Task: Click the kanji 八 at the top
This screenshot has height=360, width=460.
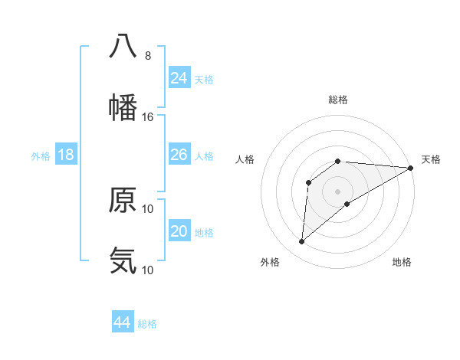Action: click(x=123, y=46)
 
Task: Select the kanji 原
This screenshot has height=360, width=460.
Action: click(x=123, y=200)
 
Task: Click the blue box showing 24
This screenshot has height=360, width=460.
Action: click(x=179, y=78)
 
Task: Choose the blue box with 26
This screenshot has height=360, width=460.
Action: click(x=179, y=155)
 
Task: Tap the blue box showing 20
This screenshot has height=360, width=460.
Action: click(x=179, y=231)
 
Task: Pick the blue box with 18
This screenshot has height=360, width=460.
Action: click(x=66, y=155)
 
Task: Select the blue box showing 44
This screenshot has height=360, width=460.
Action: click(x=123, y=322)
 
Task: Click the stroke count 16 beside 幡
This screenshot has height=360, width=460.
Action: click(x=148, y=117)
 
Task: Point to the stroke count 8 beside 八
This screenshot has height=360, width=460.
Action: click(x=148, y=56)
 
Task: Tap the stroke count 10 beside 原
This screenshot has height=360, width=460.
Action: click(x=148, y=208)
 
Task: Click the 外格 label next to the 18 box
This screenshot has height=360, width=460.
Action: click(x=41, y=155)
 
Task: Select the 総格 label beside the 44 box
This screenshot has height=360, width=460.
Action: click(x=147, y=323)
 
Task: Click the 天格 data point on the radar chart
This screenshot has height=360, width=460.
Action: click(x=410, y=168)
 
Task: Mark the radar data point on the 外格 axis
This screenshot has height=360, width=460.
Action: click(x=302, y=242)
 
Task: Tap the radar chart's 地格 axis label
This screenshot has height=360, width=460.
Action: click(x=402, y=262)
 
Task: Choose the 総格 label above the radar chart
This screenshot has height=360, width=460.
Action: click(x=338, y=100)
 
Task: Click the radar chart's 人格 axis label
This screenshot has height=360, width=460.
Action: click(x=245, y=159)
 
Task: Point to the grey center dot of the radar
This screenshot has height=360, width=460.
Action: click(x=337, y=191)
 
